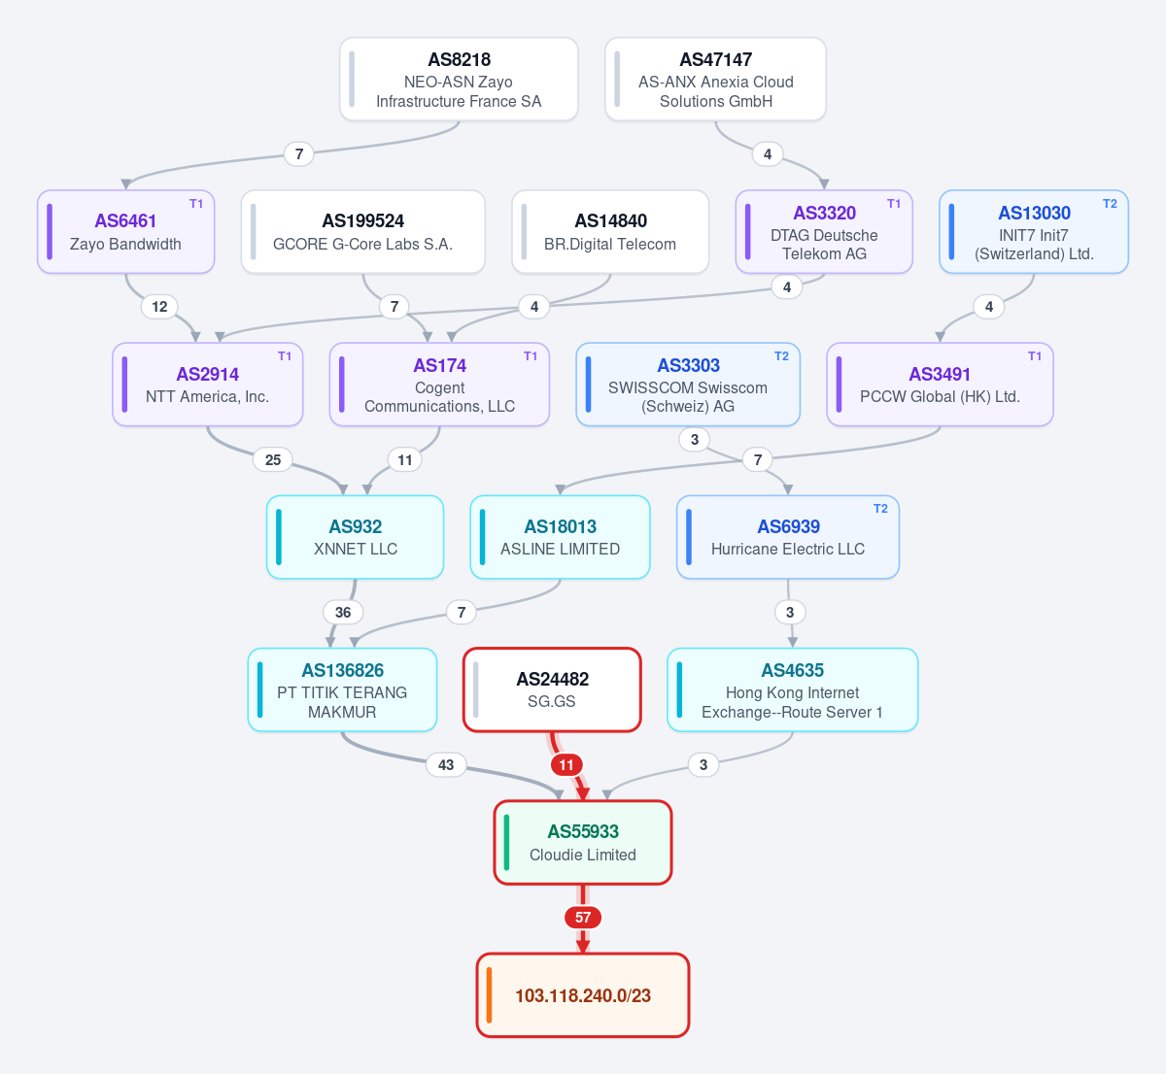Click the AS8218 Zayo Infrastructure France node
point(459,80)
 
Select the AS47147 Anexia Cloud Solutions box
point(715,80)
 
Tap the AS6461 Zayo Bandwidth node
point(126,232)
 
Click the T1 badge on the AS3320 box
point(893,203)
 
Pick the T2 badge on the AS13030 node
point(1110,203)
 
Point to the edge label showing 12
point(160,306)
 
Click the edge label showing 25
point(273,459)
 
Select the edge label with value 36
point(343,612)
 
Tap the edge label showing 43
point(446,765)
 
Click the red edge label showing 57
point(583,918)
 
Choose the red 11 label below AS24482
point(566,765)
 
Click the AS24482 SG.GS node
point(552,689)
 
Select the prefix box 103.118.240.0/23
point(583,995)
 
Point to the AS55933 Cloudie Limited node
point(583,843)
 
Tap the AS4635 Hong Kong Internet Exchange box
point(792,689)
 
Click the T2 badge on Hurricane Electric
point(880,509)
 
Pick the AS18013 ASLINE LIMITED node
point(560,537)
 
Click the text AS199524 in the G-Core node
point(363,220)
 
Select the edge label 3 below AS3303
point(695,439)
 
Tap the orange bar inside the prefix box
point(489,995)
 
